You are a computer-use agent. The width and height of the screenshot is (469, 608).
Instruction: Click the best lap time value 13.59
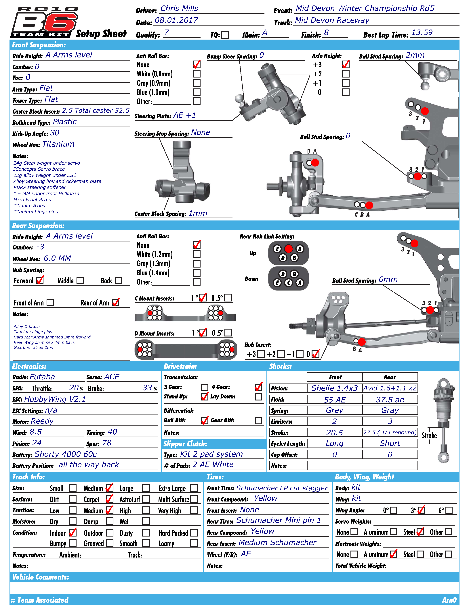[x=422, y=33]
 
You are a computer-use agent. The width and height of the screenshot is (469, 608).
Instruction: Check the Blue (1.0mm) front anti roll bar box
[x=197, y=92]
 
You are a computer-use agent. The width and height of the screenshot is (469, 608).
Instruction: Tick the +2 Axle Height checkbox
[x=346, y=74]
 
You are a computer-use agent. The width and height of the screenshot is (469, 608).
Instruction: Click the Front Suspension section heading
[x=39, y=45]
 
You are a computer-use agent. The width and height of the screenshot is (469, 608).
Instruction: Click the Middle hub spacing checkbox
[x=80, y=280]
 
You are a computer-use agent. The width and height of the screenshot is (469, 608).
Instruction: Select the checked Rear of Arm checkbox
[x=116, y=302]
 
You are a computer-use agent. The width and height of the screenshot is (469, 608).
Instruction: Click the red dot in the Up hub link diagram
[x=289, y=249]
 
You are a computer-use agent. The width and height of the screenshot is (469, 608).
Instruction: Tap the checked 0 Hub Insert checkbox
[x=315, y=354]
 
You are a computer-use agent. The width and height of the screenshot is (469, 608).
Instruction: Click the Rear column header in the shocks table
[x=390, y=377]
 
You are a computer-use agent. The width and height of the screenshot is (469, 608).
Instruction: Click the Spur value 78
[x=107, y=443]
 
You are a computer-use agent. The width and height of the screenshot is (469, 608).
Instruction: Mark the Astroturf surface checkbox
[x=146, y=499]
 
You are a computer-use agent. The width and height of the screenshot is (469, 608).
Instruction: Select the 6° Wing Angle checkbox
[x=449, y=510]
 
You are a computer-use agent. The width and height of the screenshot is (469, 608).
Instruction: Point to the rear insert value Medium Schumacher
[x=277, y=543]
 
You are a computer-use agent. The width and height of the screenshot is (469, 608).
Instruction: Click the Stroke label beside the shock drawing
[x=429, y=435]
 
